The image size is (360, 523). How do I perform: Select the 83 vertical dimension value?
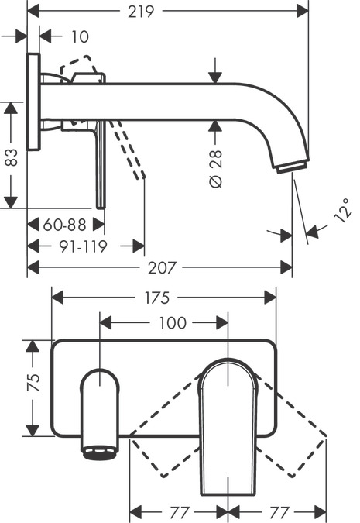11,158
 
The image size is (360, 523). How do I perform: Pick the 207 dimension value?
160,267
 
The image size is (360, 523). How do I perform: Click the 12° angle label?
344,210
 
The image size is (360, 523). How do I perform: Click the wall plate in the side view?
33,102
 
